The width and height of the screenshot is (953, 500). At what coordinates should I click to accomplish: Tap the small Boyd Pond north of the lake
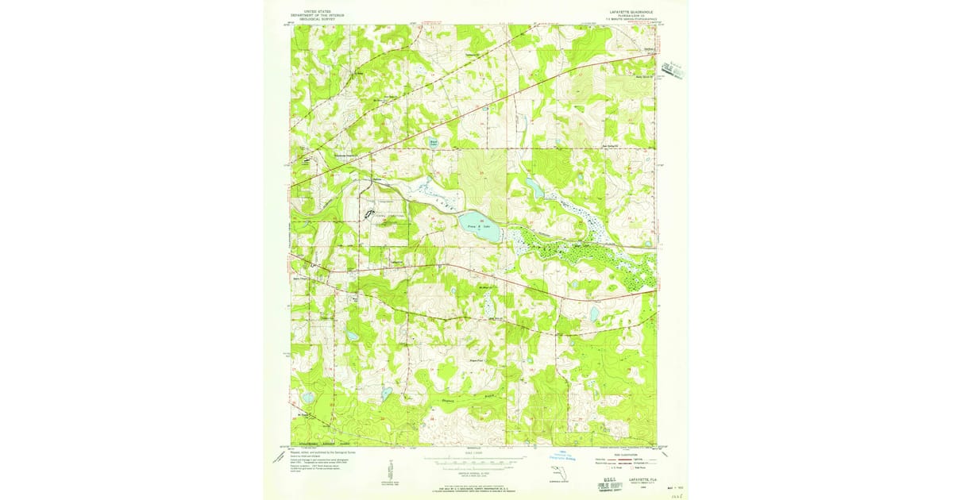(434, 144)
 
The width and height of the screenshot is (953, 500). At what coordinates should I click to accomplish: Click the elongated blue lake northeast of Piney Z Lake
(533, 187)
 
